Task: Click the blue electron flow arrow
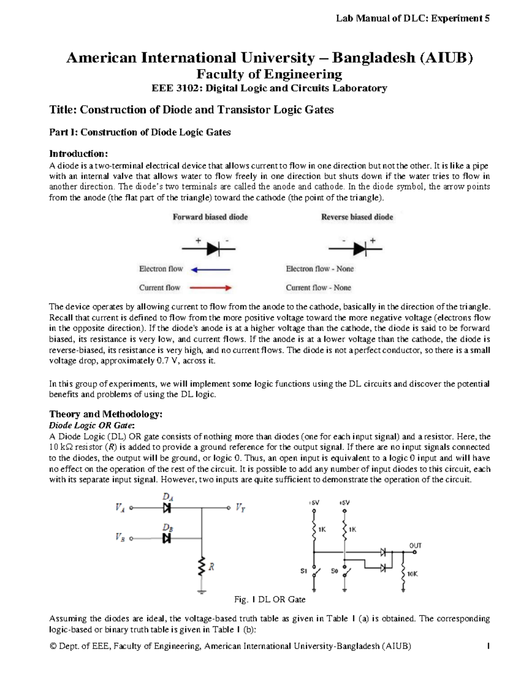211,270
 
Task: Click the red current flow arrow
211,288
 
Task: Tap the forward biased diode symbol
212,249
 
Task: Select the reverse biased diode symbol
359,249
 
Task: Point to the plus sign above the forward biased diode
198,240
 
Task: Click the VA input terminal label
120,507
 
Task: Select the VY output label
241,507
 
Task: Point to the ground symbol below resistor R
202,591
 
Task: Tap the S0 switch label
334,571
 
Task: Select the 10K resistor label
412,574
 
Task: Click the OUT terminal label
415,546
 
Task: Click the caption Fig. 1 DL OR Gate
270,599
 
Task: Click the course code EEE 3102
175,89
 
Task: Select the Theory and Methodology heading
106,414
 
